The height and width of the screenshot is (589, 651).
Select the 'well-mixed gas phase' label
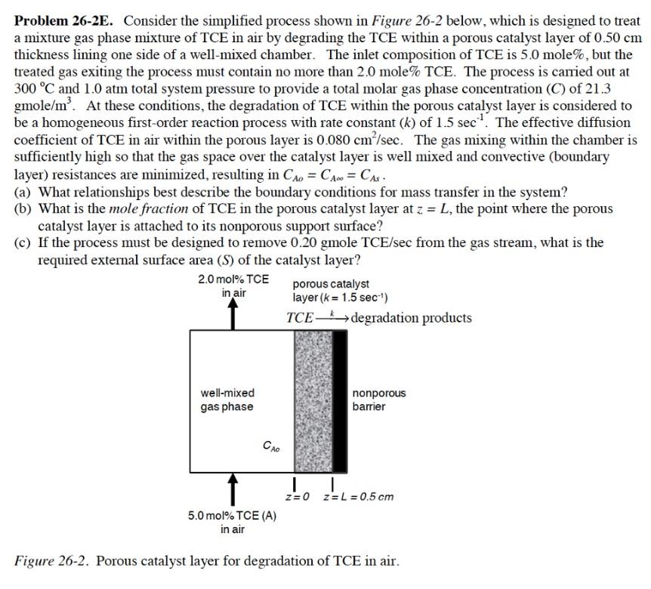227,400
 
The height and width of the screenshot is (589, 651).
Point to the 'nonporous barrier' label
378,400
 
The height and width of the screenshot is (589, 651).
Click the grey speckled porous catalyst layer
313,400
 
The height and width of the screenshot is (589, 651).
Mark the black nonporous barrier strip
340,400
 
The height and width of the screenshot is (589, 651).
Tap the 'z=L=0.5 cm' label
358,497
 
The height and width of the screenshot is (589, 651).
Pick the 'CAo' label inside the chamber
271,446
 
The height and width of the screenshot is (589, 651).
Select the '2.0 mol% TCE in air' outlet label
233,285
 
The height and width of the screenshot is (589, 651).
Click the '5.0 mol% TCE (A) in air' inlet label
233,523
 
